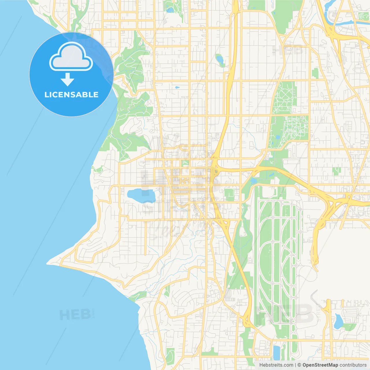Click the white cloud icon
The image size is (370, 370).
coord(71,57)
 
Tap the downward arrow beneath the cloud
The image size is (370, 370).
coord(67,79)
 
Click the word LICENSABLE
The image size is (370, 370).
coord(71,95)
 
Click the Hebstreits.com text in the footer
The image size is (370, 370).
coord(276,365)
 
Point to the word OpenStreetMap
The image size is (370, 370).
coord(320,365)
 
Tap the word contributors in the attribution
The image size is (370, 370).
coord(353,365)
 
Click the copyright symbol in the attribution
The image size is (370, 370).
coord(299,365)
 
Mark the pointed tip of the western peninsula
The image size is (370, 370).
coord(48,263)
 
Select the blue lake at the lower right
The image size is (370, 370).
coord(338,321)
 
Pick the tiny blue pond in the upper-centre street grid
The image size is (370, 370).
coord(177,87)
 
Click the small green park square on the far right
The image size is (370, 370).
coord(336,171)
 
